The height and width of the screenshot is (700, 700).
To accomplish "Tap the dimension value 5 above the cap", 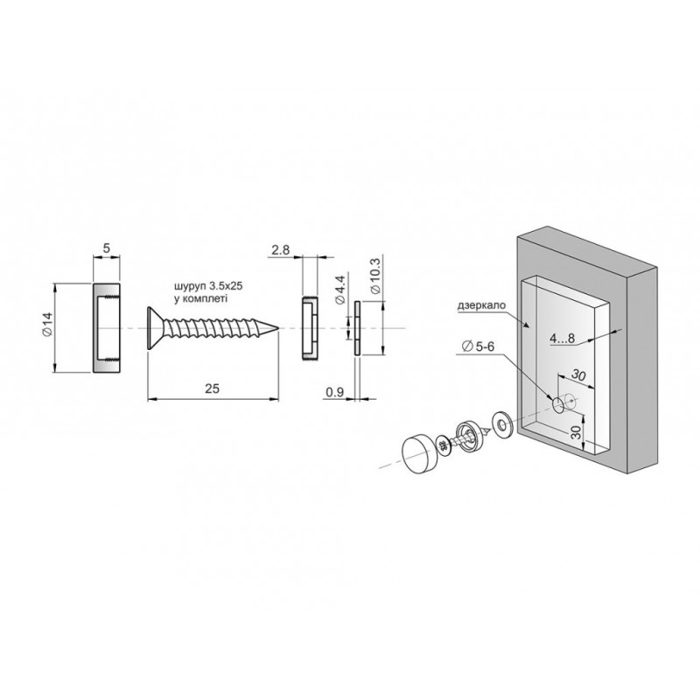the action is (x=106, y=248).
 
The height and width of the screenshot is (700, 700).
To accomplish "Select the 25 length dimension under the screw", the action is (x=212, y=388).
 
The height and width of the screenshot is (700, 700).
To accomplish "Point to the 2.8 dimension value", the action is (x=280, y=250).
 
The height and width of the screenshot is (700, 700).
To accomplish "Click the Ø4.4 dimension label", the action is (x=340, y=290).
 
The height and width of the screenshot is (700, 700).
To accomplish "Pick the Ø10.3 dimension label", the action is (x=375, y=276).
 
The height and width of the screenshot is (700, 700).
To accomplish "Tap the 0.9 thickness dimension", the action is (x=334, y=392).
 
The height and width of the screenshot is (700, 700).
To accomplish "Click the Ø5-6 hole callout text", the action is (x=479, y=346).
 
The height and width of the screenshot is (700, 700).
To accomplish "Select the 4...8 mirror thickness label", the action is (x=562, y=339).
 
